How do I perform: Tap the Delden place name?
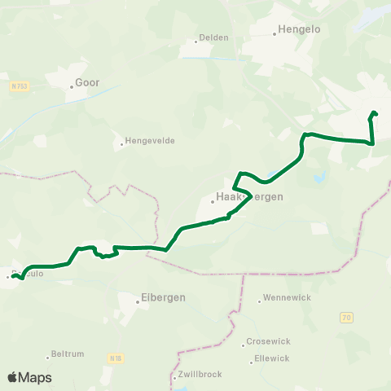[x=214, y=37]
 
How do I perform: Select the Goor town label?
[x=86, y=82]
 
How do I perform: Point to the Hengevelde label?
[x=150, y=142]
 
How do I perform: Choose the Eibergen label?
[x=164, y=297]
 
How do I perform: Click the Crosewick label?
[x=266, y=343]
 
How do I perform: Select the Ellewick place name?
[x=272, y=358]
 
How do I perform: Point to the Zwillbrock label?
[x=200, y=376]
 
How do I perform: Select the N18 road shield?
[x=115, y=357]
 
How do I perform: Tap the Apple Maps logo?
[x=29, y=377]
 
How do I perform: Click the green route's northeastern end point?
[x=374, y=113]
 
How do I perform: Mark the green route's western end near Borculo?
[x=13, y=277]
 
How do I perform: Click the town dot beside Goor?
[x=71, y=83]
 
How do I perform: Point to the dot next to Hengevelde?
[x=122, y=143]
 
